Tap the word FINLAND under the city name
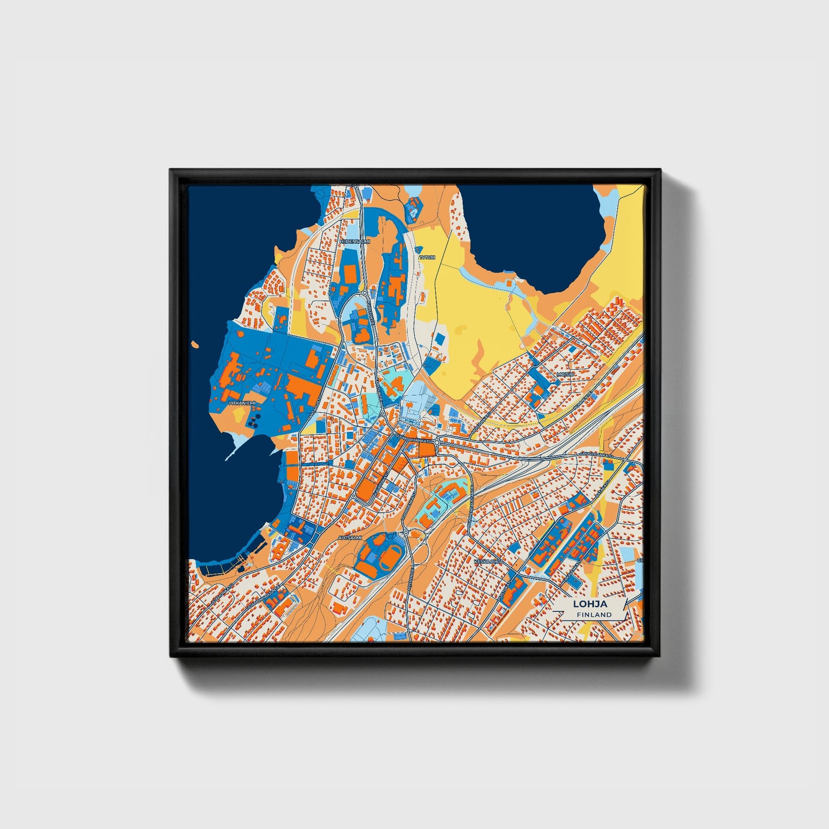[594, 614]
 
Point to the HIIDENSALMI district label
[355, 242]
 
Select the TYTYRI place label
[427, 258]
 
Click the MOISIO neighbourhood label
[565, 374]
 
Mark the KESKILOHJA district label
[488, 562]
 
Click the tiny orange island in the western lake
[196, 345]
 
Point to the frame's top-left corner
[172, 171]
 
